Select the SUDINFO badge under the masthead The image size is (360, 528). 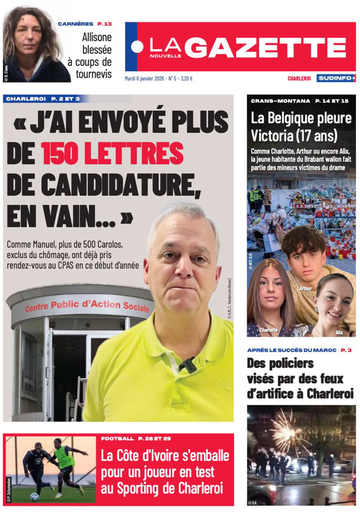(337, 78)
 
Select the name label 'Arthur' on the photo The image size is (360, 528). (305, 289)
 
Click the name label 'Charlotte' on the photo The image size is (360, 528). (268, 330)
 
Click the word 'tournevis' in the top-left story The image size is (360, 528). (93, 75)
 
